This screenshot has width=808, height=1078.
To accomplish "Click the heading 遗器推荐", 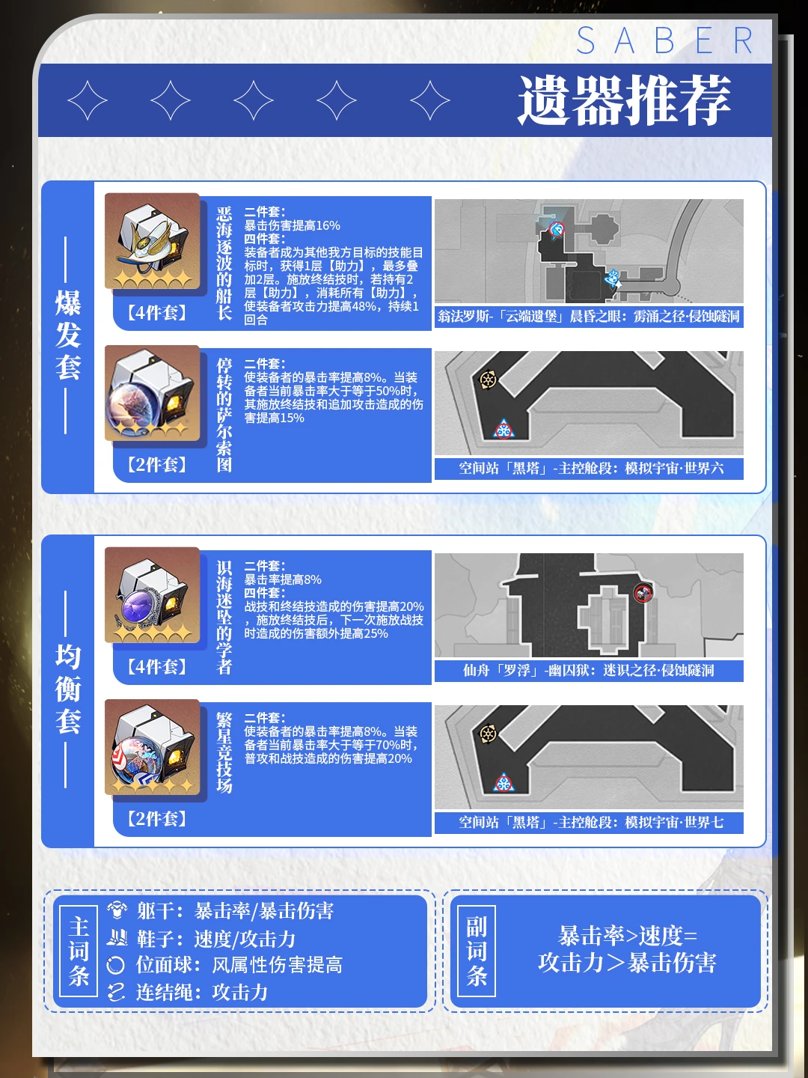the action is [x=625, y=100].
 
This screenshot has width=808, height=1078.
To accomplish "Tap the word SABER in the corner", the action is [x=665, y=40].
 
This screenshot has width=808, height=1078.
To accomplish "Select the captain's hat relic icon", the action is [x=152, y=241].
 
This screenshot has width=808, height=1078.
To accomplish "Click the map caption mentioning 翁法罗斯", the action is [x=589, y=316].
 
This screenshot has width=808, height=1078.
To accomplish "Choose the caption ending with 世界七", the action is [x=591, y=823].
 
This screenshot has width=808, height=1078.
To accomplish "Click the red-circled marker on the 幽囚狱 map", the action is [x=643, y=593].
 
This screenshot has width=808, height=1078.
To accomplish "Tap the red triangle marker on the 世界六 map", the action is [x=504, y=430].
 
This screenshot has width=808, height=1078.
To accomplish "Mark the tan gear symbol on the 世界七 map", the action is [x=488, y=734].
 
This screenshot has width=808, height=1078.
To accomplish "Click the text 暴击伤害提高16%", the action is [x=292, y=225].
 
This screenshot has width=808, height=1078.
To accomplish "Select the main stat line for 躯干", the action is [x=235, y=911].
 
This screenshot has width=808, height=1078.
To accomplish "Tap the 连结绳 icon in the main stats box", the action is [x=116, y=992].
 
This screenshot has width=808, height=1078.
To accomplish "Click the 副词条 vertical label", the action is [x=477, y=951].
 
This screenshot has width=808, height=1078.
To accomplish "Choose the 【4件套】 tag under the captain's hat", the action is [x=157, y=313].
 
